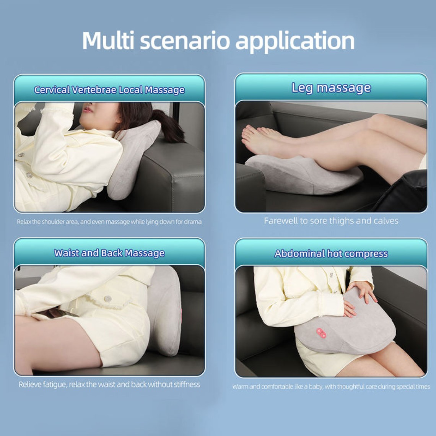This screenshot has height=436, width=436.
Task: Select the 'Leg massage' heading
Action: [x=331, y=88]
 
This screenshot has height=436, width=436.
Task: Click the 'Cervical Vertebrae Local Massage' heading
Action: [x=109, y=90]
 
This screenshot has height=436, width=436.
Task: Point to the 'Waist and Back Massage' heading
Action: [x=109, y=253]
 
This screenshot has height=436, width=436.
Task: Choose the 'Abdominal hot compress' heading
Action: [x=331, y=254]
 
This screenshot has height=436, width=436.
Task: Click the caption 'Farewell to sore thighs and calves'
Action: [x=331, y=221]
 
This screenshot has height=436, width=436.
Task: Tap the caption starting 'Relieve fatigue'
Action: [x=109, y=384]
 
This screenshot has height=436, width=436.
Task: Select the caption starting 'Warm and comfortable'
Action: [x=331, y=387]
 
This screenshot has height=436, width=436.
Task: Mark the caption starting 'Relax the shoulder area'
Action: [x=109, y=222]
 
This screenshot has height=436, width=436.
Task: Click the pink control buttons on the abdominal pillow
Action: [x=321, y=333]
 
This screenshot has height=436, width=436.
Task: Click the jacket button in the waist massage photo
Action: [x=107, y=299]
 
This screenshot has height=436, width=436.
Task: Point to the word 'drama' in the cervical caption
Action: [x=194, y=222]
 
